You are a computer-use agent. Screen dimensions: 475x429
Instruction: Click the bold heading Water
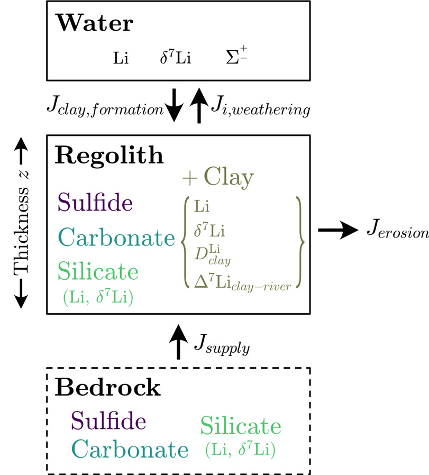pyautogui.click(x=95, y=24)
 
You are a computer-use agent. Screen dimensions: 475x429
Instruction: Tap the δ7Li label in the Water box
pyautogui.click(x=175, y=58)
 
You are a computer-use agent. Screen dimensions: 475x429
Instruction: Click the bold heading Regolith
pyautogui.click(x=109, y=156)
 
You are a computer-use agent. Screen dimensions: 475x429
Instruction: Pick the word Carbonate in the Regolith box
pyautogui.click(x=116, y=238)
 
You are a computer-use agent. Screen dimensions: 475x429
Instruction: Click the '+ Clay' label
pyautogui.click(x=217, y=178)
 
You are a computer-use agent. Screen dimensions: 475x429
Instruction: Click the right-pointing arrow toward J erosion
pyautogui.click(x=336, y=231)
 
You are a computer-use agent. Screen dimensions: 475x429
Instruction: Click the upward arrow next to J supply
pyautogui.click(x=178, y=342)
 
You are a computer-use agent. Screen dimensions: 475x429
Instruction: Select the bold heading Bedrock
pyautogui.click(x=107, y=388)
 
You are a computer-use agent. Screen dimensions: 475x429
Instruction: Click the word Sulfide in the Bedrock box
pyautogui.click(x=108, y=421)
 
